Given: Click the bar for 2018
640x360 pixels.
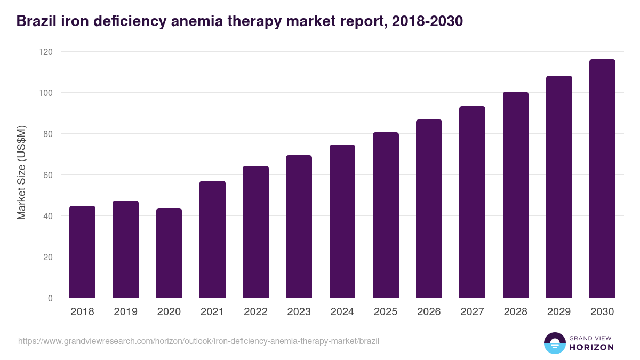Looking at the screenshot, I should point(82,252).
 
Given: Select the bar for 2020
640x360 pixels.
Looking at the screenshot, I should point(169,253).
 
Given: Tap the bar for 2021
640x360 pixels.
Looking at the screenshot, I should point(212,239).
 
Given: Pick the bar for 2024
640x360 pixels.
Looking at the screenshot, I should point(342,221).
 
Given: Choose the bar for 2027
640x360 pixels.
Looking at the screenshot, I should point(472,202).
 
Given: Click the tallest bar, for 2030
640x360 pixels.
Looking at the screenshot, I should point(602,179).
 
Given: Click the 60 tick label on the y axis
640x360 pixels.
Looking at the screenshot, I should point(48,175).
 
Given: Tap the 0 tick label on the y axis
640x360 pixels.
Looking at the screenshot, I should point(50,298).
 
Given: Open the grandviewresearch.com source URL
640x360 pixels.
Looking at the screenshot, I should point(198,341).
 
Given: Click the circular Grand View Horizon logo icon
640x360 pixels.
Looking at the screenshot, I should point(555,343).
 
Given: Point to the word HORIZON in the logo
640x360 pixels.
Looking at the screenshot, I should point(591,347).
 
